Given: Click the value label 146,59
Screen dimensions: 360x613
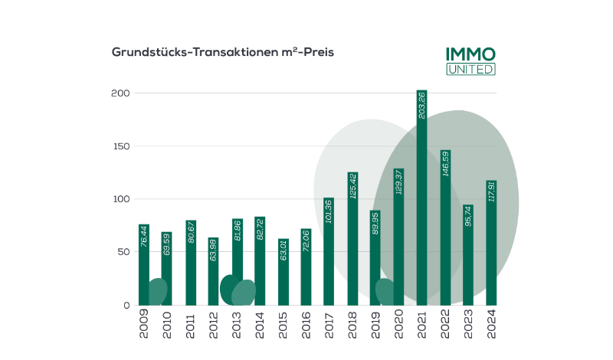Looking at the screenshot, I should point(445,176).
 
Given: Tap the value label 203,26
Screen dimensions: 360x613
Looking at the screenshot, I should point(422,114).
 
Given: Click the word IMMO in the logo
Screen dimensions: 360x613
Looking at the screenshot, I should point(470,54).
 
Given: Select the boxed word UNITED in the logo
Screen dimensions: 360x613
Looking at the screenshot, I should point(470,69).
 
